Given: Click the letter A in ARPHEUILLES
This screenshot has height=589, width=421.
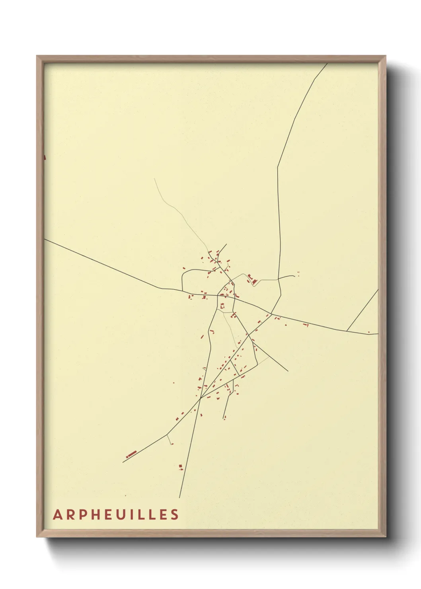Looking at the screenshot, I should (57, 515).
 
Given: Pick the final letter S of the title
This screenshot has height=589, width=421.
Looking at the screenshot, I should (175, 515).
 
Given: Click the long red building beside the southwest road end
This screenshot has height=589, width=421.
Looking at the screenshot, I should (131, 454).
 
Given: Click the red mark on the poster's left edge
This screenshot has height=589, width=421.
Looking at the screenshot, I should (45, 157).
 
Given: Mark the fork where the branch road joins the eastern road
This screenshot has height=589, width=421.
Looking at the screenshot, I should (347, 331).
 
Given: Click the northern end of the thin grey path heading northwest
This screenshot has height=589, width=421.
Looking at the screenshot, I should (154, 179).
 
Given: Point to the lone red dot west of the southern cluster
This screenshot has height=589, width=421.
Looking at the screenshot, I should (173, 383).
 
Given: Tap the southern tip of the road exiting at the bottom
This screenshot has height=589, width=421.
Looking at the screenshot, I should (179, 497).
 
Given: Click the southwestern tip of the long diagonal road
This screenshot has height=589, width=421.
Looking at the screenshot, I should (123, 462).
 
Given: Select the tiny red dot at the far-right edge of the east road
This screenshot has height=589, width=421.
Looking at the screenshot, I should (369, 332).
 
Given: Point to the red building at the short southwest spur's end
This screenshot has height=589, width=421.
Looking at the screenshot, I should (172, 444).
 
